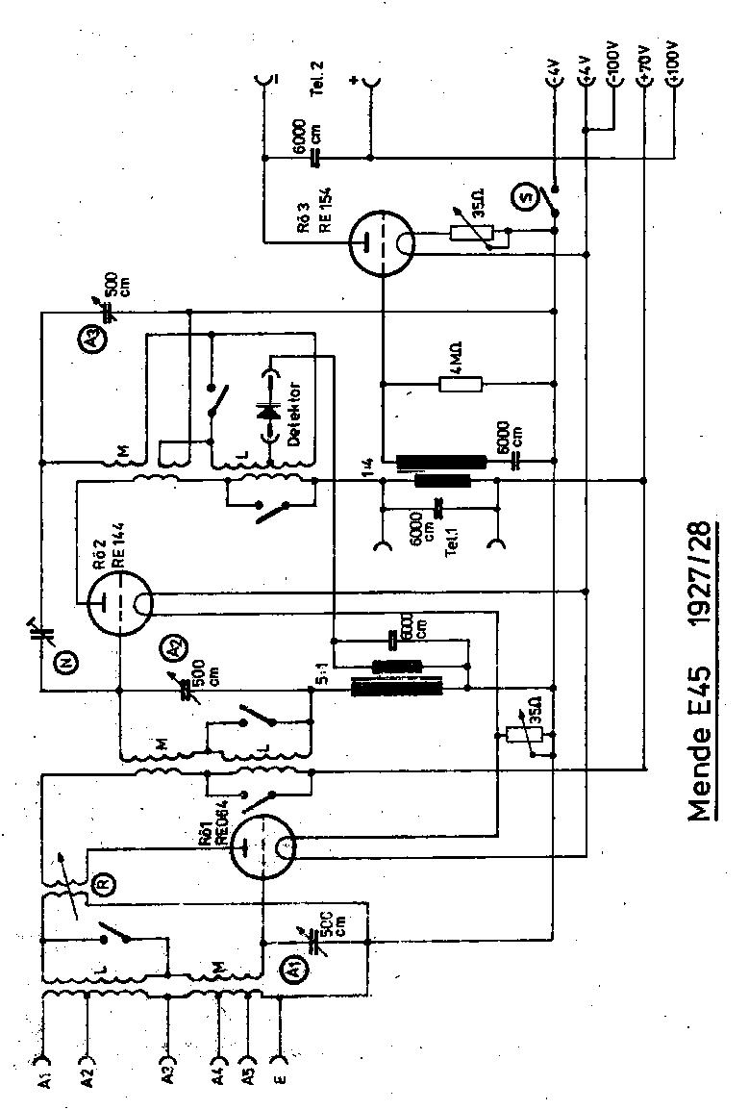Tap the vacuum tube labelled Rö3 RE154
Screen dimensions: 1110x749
pyautogui.click(x=381, y=240)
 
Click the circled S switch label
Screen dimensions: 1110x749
pyautogui.click(x=526, y=198)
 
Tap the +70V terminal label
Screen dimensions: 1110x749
pyautogui.click(x=645, y=66)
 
